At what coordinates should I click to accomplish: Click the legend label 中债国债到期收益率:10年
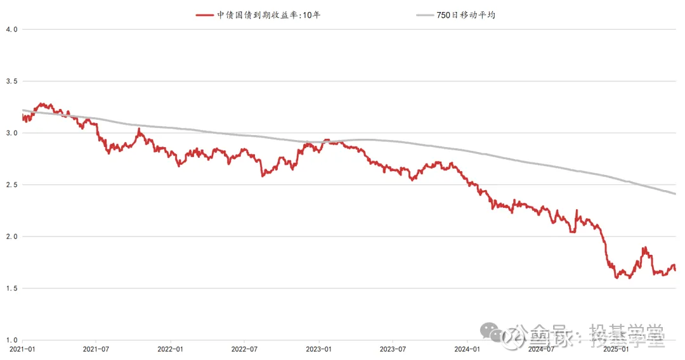click(269, 15)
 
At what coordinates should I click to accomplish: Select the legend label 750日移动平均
click(466, 15)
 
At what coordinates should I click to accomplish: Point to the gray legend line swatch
click(425, 15)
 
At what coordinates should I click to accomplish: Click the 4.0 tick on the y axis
click(11, 29)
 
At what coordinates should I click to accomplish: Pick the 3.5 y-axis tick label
click(11, 81)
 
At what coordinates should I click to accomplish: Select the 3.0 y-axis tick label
click(11, 133)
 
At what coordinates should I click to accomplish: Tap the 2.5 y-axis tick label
click(11, 185)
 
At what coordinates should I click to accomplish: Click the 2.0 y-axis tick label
click(11, 236)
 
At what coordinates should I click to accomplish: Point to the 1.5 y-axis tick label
click(11, 288)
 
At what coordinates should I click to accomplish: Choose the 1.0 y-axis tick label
click(11, 340)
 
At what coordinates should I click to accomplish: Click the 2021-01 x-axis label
click(22, 349)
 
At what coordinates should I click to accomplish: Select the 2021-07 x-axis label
click(96, 349)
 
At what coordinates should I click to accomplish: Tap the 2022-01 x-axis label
click(170, 349)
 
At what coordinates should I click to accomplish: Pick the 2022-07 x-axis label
click(244, 349)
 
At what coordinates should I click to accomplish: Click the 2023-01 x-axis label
click(318, 349)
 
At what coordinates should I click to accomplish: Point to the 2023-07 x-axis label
click(392, 349)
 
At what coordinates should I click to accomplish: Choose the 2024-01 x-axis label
click(466, 349)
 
